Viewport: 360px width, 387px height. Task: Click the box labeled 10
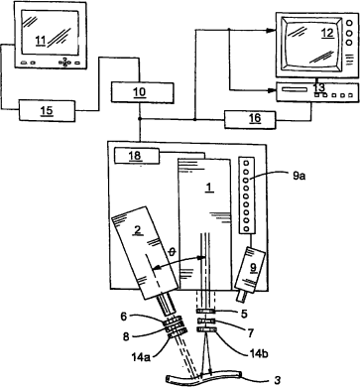[143, 92]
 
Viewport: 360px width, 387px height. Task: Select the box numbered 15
[47, 110]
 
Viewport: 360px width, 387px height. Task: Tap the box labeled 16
[250, 119]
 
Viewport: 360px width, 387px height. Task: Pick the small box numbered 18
[136, 156]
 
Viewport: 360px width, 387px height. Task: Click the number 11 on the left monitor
[41, 41]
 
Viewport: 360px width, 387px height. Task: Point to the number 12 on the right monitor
[327, 33]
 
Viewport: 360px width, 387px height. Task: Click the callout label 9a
[300, 176]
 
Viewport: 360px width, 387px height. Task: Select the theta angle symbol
[172, 252]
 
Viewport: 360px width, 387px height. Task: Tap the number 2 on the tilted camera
[138, 230]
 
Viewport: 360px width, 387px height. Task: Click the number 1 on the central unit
[208, 188]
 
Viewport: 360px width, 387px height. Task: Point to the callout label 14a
[141, 357]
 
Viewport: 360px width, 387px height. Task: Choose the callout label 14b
[259, 353]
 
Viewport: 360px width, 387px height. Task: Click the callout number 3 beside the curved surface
[278, 380]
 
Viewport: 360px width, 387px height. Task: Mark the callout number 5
[244, 313]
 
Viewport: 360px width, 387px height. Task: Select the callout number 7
[250, 332]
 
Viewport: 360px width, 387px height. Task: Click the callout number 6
[123, 317]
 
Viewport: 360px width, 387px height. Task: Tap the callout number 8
[125, 336]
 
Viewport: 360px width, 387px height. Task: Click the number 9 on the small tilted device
[253, 268]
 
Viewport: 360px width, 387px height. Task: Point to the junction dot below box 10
[140, 119]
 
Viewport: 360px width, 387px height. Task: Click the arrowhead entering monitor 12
[272, 31]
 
